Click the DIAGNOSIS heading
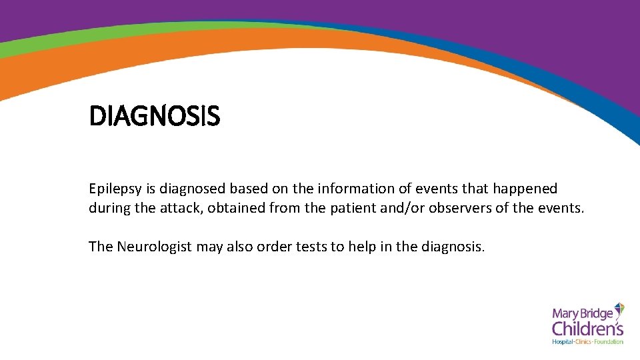point(154,117)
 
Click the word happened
point(525,189)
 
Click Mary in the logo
point(565,311)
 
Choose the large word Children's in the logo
point(587,328)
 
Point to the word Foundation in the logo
point(609,342)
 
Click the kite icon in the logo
point(619,309)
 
